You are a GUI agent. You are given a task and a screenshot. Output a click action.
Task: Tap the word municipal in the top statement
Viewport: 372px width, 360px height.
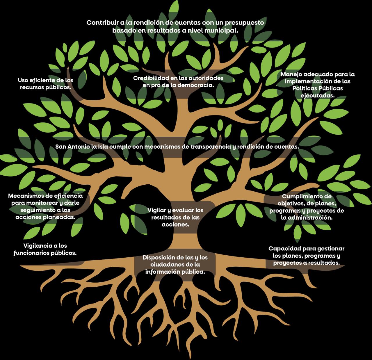tap(222, 30)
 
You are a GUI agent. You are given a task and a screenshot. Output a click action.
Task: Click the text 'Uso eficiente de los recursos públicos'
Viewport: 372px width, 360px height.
tap(46, 83)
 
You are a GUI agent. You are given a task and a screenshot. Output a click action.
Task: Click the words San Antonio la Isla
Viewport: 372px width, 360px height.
tap(77, 147)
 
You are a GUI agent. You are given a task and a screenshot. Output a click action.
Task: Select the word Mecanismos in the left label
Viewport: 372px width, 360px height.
tap(26, 196)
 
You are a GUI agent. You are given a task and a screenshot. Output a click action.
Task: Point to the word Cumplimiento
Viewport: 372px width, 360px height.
tap(307, 197)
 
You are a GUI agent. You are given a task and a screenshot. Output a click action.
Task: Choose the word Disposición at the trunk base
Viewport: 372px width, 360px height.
tap(159, 258)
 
